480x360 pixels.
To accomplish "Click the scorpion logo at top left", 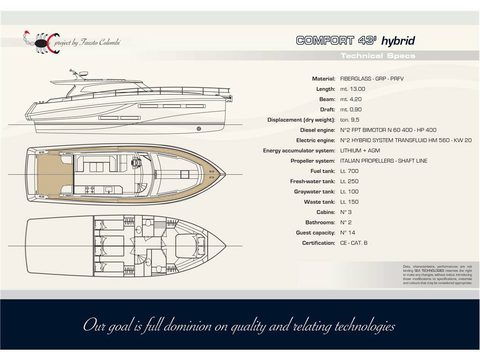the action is pos(41,42).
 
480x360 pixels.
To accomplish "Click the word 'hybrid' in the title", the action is pos(398,41).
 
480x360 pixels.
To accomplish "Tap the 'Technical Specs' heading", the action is pos(378,56).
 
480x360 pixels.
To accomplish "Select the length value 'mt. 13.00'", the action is pos(352,89).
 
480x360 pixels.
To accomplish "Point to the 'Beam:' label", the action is pos(327,99).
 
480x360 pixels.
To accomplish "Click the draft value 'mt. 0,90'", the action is pos(351,110).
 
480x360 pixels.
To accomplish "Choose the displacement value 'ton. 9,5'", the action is pos(350,120).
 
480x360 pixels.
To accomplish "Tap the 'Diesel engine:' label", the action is pos(317,130).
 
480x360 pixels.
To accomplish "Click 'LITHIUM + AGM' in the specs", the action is pos(360,150).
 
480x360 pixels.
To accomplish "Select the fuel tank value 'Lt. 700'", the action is pos(349,171).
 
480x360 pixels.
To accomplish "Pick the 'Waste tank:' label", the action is pos(319,202).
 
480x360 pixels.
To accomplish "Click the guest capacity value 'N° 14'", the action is pos(348,232).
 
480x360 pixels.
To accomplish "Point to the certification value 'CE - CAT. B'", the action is pos(354,243).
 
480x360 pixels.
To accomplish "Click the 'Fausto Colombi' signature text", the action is pos(100,42).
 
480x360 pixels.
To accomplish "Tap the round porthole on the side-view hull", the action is pos(199,128).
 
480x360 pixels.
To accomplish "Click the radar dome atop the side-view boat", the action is pos(83,74).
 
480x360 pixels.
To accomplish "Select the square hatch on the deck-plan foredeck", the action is pos(185,174).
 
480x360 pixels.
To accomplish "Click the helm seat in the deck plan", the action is pos(135,162).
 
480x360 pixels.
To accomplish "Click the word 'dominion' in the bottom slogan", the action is pos(187,326).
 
